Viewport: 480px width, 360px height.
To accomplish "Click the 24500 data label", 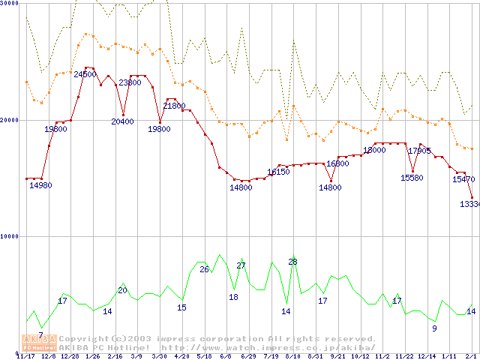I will click(x=85, y=74).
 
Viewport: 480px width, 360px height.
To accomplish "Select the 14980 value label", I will click(x=40, y=185).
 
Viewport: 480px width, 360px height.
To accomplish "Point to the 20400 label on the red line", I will click(x=122, y=121).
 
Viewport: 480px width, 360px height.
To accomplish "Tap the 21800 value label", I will click(x=174, y=106).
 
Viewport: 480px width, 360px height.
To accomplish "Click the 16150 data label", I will click(x=278, y=172).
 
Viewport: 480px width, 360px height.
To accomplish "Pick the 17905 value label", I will click(x=419, y=151).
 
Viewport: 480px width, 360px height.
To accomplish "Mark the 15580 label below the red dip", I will click(x=412, y=178).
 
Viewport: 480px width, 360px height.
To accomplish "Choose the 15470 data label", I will click(x=463, y=179).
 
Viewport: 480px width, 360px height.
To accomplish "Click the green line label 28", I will click(x=292, y=261).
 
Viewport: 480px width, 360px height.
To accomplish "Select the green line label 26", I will click(x=203, y=268).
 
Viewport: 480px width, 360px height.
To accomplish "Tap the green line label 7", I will click(x=40, y=334).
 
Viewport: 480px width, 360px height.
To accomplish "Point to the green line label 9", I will click(x=434, y=328).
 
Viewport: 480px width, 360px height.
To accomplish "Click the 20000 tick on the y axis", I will click(x=9, y=120).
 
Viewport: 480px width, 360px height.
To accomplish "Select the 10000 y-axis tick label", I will click(x=9, y=236).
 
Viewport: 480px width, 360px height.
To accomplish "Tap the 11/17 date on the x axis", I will click(x=25, y=356).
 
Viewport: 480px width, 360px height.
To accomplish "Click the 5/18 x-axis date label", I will click(x=203, y=356).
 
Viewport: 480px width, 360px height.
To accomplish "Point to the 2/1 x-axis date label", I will click(x=471, y=356).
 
